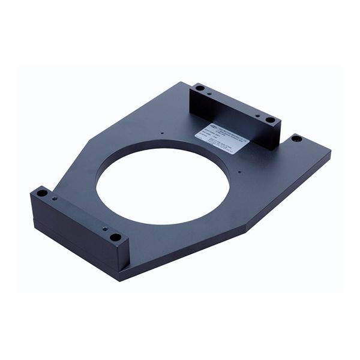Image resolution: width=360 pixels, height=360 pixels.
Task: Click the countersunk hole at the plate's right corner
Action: coord(296,139)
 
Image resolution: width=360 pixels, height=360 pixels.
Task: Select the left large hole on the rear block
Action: coord(200,88)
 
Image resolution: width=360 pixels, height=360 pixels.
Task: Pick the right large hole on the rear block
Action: coord(271,120)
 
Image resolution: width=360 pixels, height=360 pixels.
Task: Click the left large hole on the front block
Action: coord(41,194)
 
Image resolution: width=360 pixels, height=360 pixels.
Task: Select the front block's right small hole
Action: coord(103,229)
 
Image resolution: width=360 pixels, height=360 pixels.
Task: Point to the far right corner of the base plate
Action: coord(329,152)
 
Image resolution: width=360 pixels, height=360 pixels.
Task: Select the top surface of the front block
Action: coord(78,213)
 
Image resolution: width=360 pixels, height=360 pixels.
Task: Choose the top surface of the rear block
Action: coord(234,103)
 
